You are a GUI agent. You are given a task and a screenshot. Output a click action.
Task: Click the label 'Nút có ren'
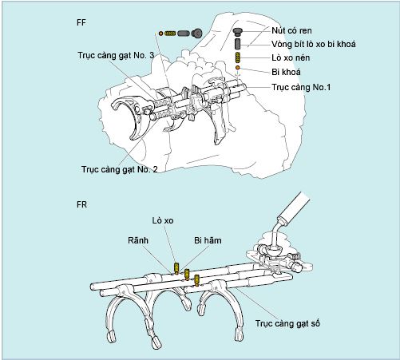pyautogui.click(x=291, y=31)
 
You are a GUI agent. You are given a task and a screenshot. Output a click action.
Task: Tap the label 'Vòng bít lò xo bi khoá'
pyautogui.click(x=314, y=44)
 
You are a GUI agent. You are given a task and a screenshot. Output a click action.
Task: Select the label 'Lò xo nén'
pyautogui.click(x=291, y=58)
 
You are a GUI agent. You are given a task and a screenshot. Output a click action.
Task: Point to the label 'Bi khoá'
pyautogui.click(x=286, y=72)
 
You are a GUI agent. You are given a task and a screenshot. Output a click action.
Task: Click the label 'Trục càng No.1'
pyautogui.click(x=301, y=87)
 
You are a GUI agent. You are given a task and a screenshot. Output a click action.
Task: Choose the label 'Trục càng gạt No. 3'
pyautogui.click(x=116, y=55)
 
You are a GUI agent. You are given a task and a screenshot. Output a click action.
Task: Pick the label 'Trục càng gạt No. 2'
pyautogui.click(x=120, y=169)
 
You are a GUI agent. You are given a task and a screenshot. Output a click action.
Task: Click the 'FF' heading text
pyautogui.click(x=81, y=22)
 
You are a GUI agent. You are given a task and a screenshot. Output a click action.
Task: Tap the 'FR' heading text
pyautogui.click(x=81, y=204)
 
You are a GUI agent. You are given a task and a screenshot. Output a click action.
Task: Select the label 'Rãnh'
pyautogui.click(x=138, y=240)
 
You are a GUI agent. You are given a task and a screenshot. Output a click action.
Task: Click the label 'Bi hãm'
pyautogui.click(x=208, y=240)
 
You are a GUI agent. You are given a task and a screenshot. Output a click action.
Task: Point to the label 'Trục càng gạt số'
pyautogui.click(x=287, y=323)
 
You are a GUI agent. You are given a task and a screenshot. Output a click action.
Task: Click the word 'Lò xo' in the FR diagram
pyautogui.click(x=163, y=220)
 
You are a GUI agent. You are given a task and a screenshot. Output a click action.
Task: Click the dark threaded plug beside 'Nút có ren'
pyautogui.click(x=238, y=32)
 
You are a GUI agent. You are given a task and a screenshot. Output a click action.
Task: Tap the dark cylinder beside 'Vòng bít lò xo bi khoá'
pyautogui.click(x=238, y=44)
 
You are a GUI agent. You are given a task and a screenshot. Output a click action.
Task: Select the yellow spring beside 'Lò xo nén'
pyautogui.click(x=238, y=57)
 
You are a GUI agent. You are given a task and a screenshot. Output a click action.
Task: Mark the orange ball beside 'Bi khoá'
pyautogui.click(x=238, y=68)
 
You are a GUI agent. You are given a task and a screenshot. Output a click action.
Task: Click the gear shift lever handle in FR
pyautogui.click(x=295, y=208)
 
